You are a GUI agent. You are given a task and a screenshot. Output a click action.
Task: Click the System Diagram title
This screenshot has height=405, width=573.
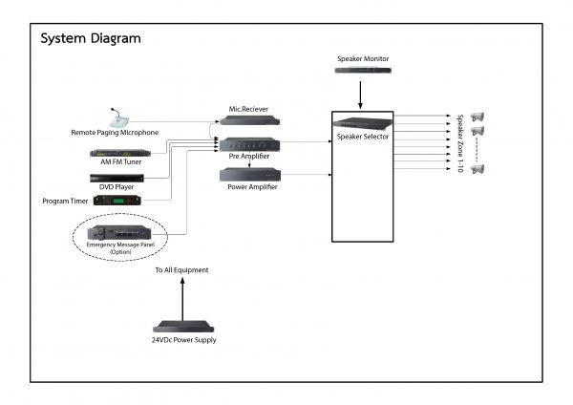(x=91, y=39)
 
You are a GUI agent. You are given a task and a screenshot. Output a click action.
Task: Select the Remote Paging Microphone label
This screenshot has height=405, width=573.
(x=115, y=132)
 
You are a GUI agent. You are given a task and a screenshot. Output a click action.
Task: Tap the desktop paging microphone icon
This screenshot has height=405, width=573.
(x=119, y=117)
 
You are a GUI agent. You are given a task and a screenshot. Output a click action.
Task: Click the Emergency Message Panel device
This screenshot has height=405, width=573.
(x=119, y=233)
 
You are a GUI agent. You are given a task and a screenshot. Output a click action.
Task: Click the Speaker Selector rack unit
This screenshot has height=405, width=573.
(x=362, y=122)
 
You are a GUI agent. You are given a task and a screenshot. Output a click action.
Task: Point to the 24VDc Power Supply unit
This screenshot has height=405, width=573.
(x=184, y=327)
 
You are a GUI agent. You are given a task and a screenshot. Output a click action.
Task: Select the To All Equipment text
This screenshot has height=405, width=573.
(x=182, y=270)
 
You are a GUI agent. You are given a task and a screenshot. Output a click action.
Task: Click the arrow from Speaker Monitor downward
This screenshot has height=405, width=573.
(x=362, y=95)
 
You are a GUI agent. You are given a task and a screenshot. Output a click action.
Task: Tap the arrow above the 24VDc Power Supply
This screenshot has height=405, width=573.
(x=183, y=297)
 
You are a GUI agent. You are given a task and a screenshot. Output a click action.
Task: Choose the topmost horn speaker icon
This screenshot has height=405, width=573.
(x=477, y=117)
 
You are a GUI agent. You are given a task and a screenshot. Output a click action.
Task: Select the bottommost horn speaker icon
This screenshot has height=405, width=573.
(x=477, y=169)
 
